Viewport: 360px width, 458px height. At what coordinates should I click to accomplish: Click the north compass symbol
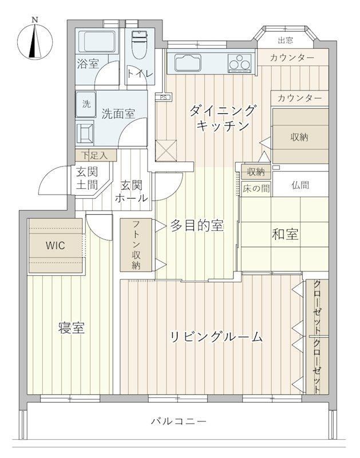[35, 40]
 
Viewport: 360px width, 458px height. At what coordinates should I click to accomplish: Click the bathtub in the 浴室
[97, 41]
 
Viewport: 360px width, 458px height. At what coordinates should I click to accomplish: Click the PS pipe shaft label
[164, 97]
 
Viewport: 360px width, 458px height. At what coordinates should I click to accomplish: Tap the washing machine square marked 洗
[86, 104]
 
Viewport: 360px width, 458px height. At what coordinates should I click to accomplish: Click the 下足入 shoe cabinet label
[94, 155]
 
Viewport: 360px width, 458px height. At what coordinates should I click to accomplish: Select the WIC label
[55, 246]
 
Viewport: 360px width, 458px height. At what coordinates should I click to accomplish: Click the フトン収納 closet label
[136, 245]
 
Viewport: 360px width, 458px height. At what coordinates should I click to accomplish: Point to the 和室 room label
[285, 234]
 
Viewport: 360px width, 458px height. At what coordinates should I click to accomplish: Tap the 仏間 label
[300, 185]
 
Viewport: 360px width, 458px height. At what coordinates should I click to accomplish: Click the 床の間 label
[256, 188]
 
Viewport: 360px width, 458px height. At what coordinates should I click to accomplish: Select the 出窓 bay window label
[285, 40]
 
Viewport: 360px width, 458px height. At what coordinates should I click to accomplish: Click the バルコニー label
[179, 421]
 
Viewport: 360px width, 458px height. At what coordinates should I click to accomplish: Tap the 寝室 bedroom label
[71, 328]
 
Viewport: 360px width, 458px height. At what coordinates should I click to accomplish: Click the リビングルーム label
[216, 337]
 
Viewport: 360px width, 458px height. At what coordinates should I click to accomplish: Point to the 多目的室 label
[197, 226]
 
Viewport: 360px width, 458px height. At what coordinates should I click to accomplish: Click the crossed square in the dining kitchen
[166, 151]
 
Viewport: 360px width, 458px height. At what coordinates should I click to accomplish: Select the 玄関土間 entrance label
[87, 178]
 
